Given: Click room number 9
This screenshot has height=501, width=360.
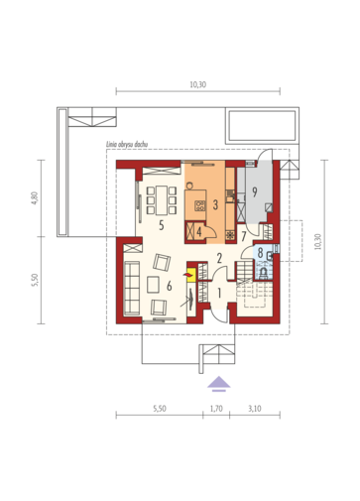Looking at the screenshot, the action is click(x=255, y=191).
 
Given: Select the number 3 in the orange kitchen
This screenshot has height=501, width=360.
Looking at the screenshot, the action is click(x=215, y=205).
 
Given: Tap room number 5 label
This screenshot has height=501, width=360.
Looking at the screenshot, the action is click(x=161, y=225).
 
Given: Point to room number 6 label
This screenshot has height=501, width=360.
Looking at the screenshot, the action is click(x=170, y=286).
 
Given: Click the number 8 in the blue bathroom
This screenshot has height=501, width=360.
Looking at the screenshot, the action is click(x=260, y=253).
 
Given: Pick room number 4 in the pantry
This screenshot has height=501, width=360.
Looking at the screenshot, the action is click(x=199, y=232).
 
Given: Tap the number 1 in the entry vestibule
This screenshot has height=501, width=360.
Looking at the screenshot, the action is click(x=219, y=293).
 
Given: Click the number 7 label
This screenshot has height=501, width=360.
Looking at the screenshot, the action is click(x=244, y=237).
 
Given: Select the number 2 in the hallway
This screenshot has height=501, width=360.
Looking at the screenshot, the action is click(x=219, y=258).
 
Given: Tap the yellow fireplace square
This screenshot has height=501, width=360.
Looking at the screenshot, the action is click(x=190, y=275).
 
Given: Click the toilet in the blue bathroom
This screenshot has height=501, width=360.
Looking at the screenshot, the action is click(x=265, y=273).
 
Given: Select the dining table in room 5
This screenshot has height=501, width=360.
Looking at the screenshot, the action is click(x=162, y=200).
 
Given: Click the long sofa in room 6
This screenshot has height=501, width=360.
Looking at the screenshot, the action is click(x=132, y=287).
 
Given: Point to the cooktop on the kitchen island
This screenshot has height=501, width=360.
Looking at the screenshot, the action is click(x=200, y=206).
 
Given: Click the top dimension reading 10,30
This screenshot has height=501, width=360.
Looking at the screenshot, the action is click(x=198, y=84).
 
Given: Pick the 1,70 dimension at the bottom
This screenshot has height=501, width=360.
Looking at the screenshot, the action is click(x=216, y=409).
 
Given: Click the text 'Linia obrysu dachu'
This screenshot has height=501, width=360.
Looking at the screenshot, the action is click(x=127, y=145).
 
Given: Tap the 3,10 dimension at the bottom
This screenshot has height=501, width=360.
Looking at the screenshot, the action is click(x=255, y=409).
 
